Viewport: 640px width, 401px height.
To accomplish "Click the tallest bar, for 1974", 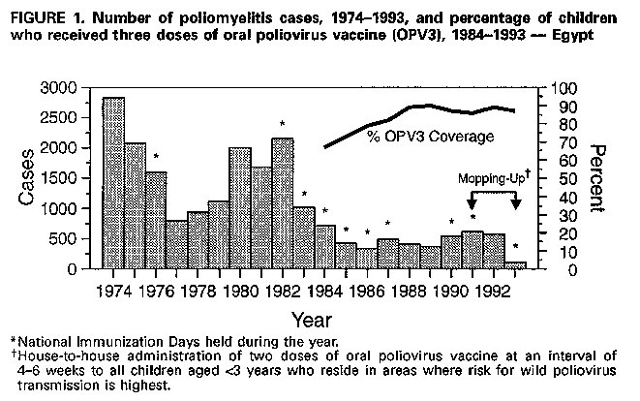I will (x=113, y=183).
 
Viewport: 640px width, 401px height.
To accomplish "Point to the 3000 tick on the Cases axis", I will (x=74, y=88).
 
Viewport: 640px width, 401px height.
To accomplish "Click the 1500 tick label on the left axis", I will (x=74, y=178).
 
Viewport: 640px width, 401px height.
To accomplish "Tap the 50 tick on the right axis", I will (x=564, y=178).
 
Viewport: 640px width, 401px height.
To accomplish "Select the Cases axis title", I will (x=28, y=179).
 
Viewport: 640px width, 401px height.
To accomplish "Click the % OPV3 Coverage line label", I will (x=431, y=137).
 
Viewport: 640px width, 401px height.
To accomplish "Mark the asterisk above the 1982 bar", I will (x=282, y=124).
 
